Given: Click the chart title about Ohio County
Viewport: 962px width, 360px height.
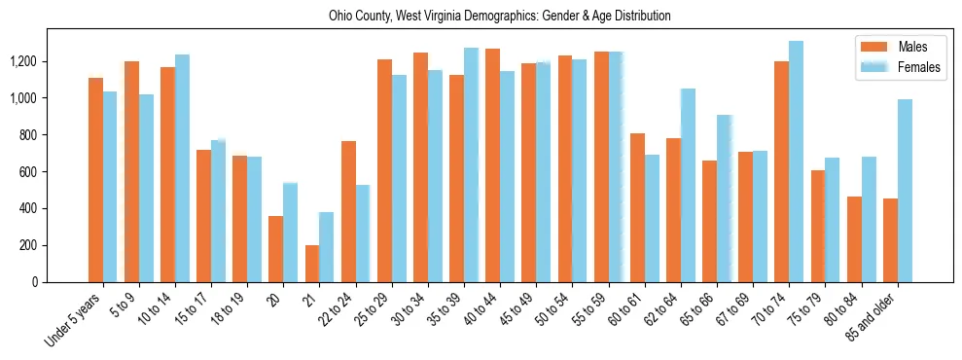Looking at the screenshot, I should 481,17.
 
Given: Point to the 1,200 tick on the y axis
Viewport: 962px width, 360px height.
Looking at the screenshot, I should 22,61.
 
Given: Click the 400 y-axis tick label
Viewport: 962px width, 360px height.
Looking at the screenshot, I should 28,208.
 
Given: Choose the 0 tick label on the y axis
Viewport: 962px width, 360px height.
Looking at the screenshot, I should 36,282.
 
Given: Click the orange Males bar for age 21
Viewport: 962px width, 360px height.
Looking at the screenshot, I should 312,264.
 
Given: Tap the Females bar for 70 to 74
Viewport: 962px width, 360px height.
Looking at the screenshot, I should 797,162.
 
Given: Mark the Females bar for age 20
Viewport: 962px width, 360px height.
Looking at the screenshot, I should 291,233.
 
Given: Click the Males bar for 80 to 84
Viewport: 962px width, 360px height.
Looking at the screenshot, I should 854,239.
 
